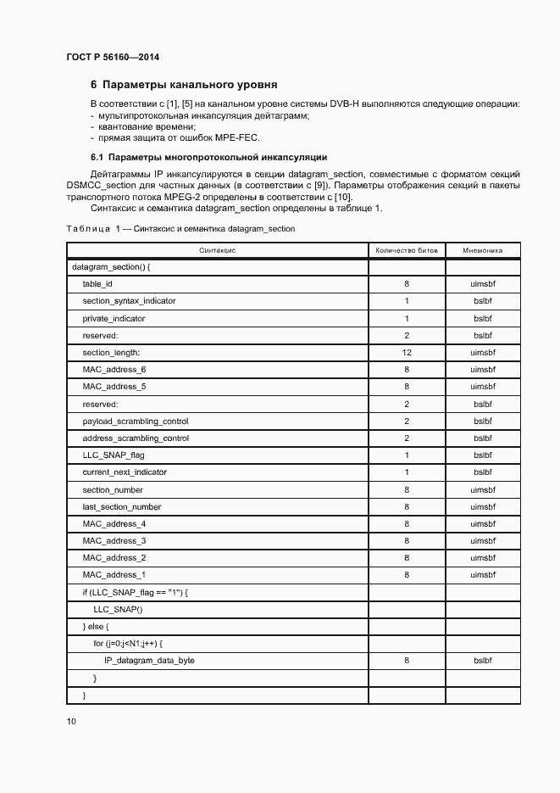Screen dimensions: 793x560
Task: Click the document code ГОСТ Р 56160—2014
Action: click(112, 58)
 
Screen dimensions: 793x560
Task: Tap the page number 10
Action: click(71, 722)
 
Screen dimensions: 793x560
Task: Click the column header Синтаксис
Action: click(217, 251)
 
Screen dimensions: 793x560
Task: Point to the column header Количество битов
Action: click(407, 251)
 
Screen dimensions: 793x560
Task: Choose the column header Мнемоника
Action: click(483, 251)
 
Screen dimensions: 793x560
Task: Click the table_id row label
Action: click(97, 284)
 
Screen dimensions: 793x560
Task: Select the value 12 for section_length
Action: click(407, 352)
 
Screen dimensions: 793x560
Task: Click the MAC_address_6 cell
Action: click(114, 370)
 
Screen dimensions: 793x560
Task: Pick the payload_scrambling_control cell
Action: click(136, 422)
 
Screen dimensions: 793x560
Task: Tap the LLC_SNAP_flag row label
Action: click(114, 455)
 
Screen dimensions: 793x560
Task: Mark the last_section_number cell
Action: click(121, 507)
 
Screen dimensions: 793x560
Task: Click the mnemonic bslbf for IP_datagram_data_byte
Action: click(483, 660)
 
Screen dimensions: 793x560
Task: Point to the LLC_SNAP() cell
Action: click(118, 610)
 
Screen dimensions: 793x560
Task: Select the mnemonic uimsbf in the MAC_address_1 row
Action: click(483, 575)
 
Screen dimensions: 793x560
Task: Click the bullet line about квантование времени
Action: click(136, 126)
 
